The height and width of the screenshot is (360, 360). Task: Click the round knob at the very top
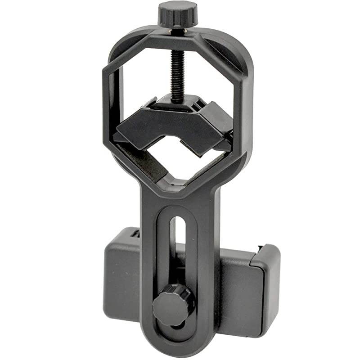177,13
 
